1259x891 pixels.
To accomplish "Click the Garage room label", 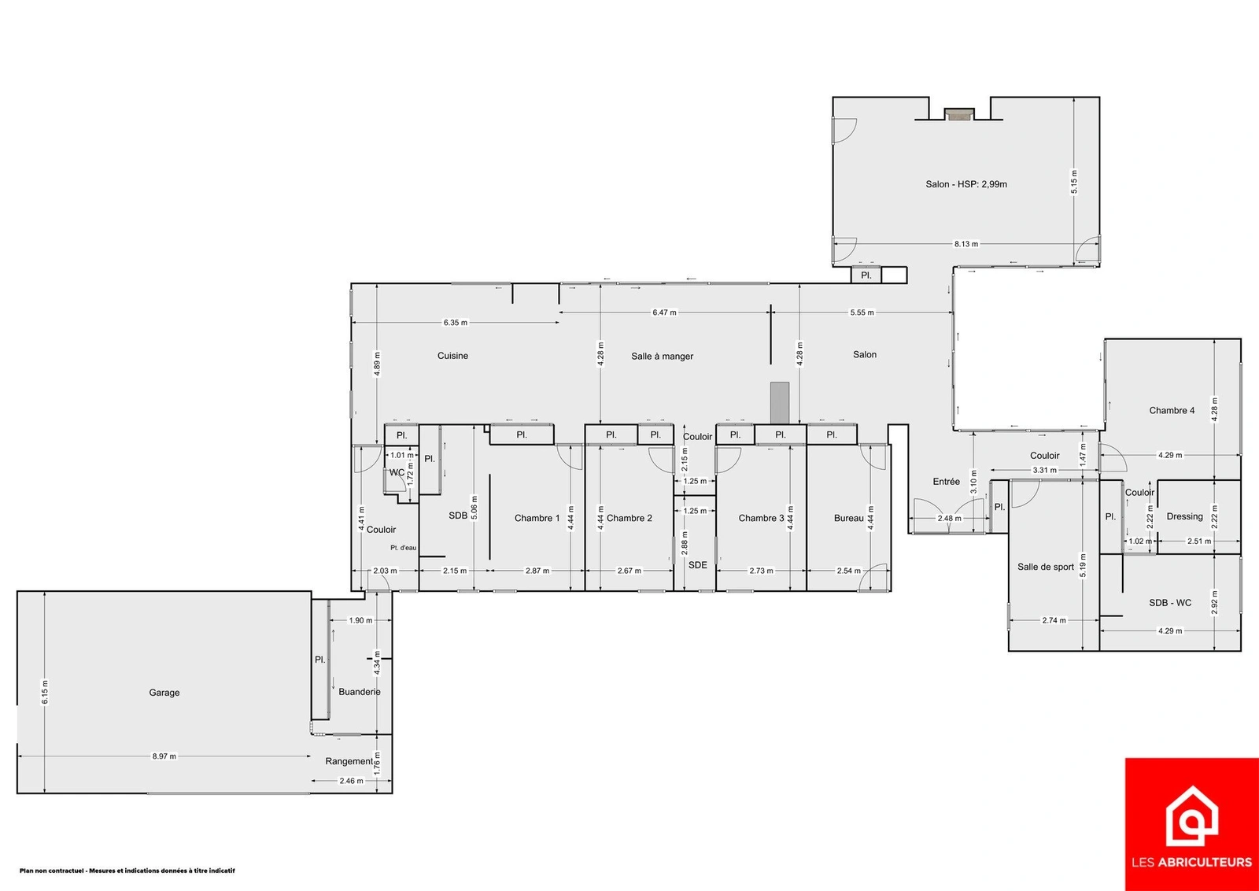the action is click(164, 693).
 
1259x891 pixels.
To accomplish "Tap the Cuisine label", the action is click(452, 356).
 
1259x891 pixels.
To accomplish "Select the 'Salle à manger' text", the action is click(662, 357).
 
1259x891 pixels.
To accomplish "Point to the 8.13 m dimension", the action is click(966, 244).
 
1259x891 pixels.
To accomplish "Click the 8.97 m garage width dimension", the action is click(164, 756).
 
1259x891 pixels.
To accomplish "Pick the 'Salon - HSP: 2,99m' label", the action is click(966, 184).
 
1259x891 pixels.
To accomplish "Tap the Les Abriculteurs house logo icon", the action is click(1191, 823).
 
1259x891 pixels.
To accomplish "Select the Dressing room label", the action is click(1185, 516).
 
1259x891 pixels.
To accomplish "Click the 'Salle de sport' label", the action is click(1046, 567).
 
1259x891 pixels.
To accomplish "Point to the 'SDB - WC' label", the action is click(1170, 603).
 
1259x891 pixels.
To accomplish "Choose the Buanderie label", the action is click(360, 692).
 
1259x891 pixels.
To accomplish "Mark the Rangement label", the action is click(349, 761).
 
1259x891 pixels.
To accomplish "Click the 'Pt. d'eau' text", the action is click(404, 548).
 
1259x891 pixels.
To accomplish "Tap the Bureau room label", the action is click(849, 518).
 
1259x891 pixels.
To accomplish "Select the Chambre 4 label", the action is click(1172, 410).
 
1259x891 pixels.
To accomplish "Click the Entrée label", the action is click(947, 481).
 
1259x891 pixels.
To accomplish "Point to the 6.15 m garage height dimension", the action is click(45, 691).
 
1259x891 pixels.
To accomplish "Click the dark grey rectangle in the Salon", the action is click(780, 402).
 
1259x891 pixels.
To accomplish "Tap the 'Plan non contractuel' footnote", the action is click(127, 871).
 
